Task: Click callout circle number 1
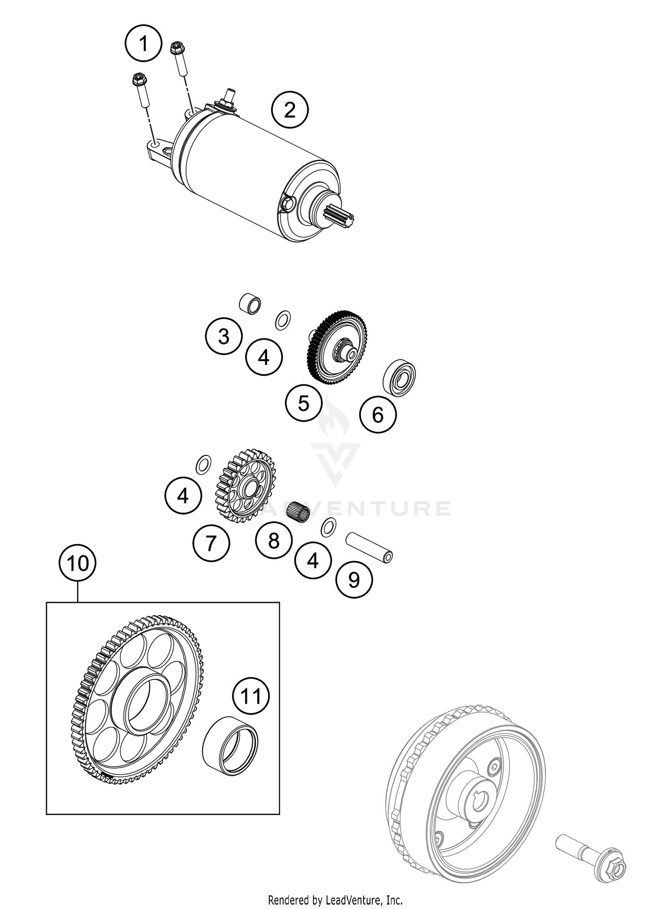click(x=143, y=44)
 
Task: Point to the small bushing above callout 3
click(x=250, y=304)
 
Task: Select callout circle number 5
click(x=304, y=404)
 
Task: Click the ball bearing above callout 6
click(x=399, y=377)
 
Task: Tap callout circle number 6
click(x=378, y=415)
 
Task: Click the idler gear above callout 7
click(x=246, y=486)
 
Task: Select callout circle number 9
click(x=354, y=580)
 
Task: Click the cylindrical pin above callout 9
click(x=369, y=548)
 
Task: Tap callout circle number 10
click(x=78, y=563)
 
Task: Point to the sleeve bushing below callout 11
click(x=230, y=745)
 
